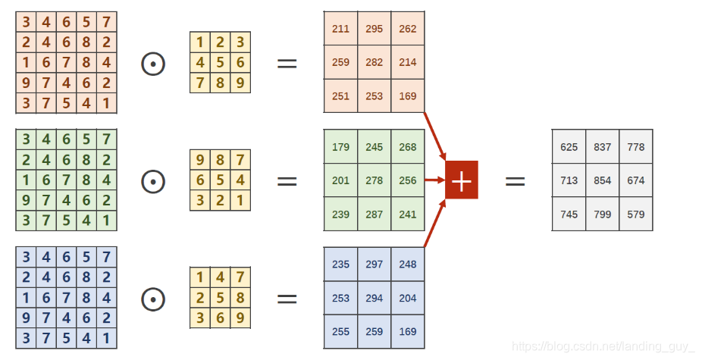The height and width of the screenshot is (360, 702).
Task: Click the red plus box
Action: point(461,180)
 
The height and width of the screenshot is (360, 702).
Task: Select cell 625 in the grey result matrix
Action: point(569,146)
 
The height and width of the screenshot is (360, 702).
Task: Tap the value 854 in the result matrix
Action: point(603,180)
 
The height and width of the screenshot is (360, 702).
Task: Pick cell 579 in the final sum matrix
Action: point(635,214)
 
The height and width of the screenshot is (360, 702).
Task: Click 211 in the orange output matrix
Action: point(340,29)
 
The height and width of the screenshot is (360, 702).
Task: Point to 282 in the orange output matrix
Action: point(374,62)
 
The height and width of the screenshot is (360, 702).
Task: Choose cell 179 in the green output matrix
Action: point(340,147)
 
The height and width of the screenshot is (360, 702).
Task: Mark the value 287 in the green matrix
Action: point(374,214)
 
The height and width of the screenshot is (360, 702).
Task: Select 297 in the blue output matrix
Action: point(374,265)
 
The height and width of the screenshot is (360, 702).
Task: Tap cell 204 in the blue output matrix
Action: point(408,298)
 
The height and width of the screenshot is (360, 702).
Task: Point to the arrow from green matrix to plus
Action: point(434,180)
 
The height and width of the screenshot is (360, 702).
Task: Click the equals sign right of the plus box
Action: point(515,180)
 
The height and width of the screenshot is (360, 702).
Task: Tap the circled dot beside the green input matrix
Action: point(153,180)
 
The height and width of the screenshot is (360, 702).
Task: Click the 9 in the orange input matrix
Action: point(27,82)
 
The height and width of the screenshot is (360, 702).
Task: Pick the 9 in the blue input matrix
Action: point(27,318)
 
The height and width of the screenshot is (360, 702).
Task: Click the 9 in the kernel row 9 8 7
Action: point(200,160)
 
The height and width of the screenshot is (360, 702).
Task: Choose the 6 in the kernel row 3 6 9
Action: point(220,318)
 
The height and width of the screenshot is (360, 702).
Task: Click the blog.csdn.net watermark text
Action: point(603,346)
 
